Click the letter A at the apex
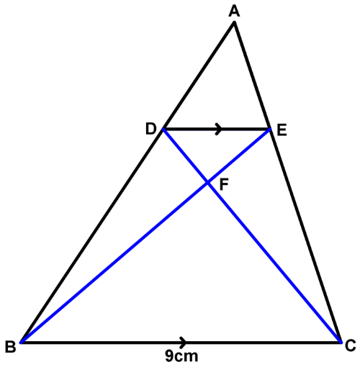pyautogui.click(x=234, y=12)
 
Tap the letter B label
pyautogui.click(x=10, y=347)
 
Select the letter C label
pyautogui.click(x=350, y=346)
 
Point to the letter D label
pyautogui.click(x=150, y=129)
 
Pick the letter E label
pyautogui.click(x=282, y=131)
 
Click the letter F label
pyautogui.click(x=224, y=185)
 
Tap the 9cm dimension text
pyautogui.click(x=181, y=356)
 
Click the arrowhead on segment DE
pyautogui.click(x=219, y=129)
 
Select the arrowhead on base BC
pyautogui.click(x=184, y=342)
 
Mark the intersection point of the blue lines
pyautogui.click(x=208, y=183)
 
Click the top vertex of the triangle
pyautogui.click(x=234, y=23)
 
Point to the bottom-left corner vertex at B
pyautogui.click(x=22, y=342)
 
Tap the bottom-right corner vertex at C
pyautogui.click(x=340, y=342)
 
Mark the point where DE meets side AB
pyautogui.click(x=163, y=130)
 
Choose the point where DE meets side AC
pyautogui.click(x=270, y=130)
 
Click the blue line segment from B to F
pyautogui.click(x=114, y=263)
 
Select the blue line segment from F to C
pyautogui.click(x=274, y=263)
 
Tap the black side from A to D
pyautogui.click(x=199, y=76)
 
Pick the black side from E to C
pyautogui.click(x=305, y=235)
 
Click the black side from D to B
pyautogui.click(x=93, y=235)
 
